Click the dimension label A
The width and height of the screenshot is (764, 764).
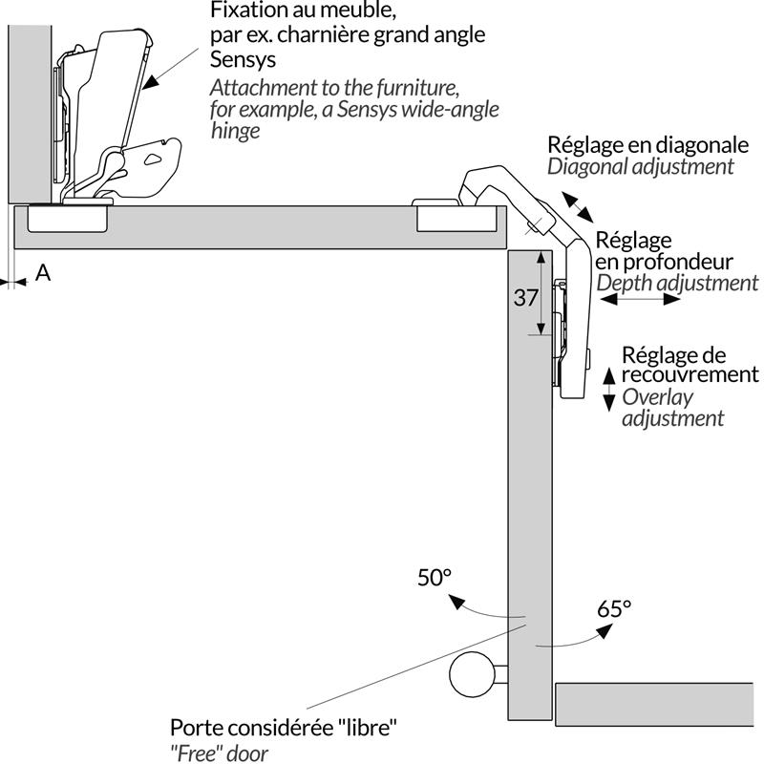[43, 273]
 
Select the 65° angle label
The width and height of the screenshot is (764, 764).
[615, 607]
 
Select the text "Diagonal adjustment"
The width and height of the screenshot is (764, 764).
[641, 166]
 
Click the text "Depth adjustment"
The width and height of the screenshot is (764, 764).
[677, 283]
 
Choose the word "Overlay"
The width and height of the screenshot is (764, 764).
[658, 396]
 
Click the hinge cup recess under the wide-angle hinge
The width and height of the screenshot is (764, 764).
[67, 219]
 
